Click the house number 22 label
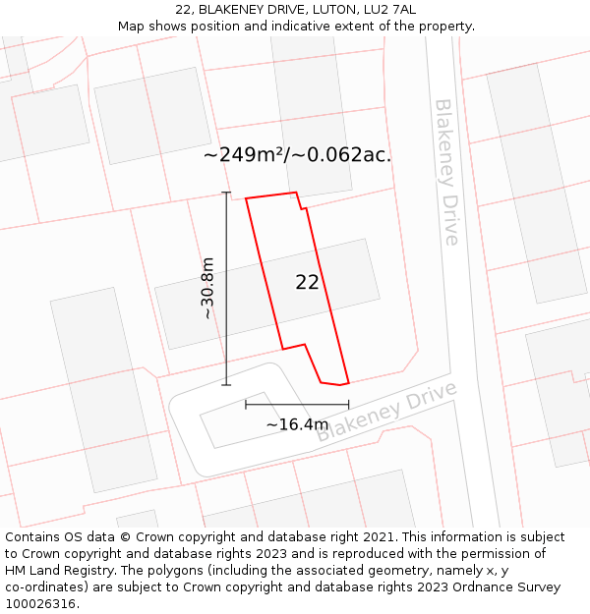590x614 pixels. pyautogui.click(x=307, y=283)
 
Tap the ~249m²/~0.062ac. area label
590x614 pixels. pyautogui.click(x=297, y=155)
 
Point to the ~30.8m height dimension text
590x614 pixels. pyautogui.click(x=207, y=288)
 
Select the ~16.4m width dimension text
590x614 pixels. pyautogui.click(x=297, y=424)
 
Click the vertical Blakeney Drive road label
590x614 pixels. pyautogui.click(x=446, y=172)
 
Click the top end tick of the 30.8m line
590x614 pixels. pyautogui.click(x=226, y=193)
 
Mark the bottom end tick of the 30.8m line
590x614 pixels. pyautogui.click(x=226, y=384)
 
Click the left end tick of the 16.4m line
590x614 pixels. pyautogui.click(x=246, y=404)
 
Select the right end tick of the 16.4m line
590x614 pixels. pyautogui.click(x=348, y=404)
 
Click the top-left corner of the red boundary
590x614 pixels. pyautogui.click(x=246, y=198)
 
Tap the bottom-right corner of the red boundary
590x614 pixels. pyautogui.click(x=349, y=382)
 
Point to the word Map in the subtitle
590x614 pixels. pyautogui.click(x=132, y=27)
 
